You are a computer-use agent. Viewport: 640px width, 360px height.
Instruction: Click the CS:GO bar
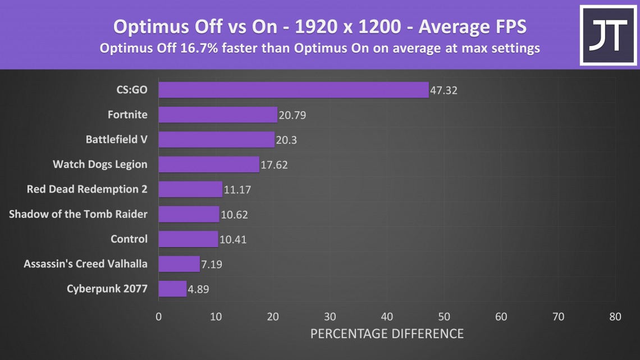click(x=293, y=90)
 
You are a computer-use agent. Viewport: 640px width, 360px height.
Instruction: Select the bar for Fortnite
click(x=218, y=115)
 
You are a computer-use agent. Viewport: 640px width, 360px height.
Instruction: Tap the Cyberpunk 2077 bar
click(x=172, y=289)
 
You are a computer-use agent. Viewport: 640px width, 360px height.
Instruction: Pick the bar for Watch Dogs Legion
click(x=209, y=165)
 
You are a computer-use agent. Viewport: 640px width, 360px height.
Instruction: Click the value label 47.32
click(x=444, y=90)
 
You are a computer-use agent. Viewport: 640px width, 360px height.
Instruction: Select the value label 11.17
click(x=237, y=190)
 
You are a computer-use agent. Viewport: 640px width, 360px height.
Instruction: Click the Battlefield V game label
click(x=117, y=139)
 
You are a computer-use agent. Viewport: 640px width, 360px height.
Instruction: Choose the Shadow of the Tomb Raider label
click(x=79, y=214)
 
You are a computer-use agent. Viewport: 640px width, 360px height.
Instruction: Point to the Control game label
click(x=129, y=239)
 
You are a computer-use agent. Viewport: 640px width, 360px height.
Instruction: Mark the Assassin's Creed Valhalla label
click(x=86, y=263)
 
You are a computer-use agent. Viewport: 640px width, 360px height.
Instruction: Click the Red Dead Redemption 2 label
click(x=87, y=189)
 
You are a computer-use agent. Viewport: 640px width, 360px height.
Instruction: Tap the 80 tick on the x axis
click(x=615, y=317)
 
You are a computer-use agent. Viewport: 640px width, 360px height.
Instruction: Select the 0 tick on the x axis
click(x=159, y=317)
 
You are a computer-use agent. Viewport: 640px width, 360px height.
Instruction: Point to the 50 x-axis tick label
click(x=444, y=317)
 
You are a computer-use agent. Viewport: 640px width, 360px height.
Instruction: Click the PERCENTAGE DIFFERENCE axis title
click(x=387, y=334)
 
